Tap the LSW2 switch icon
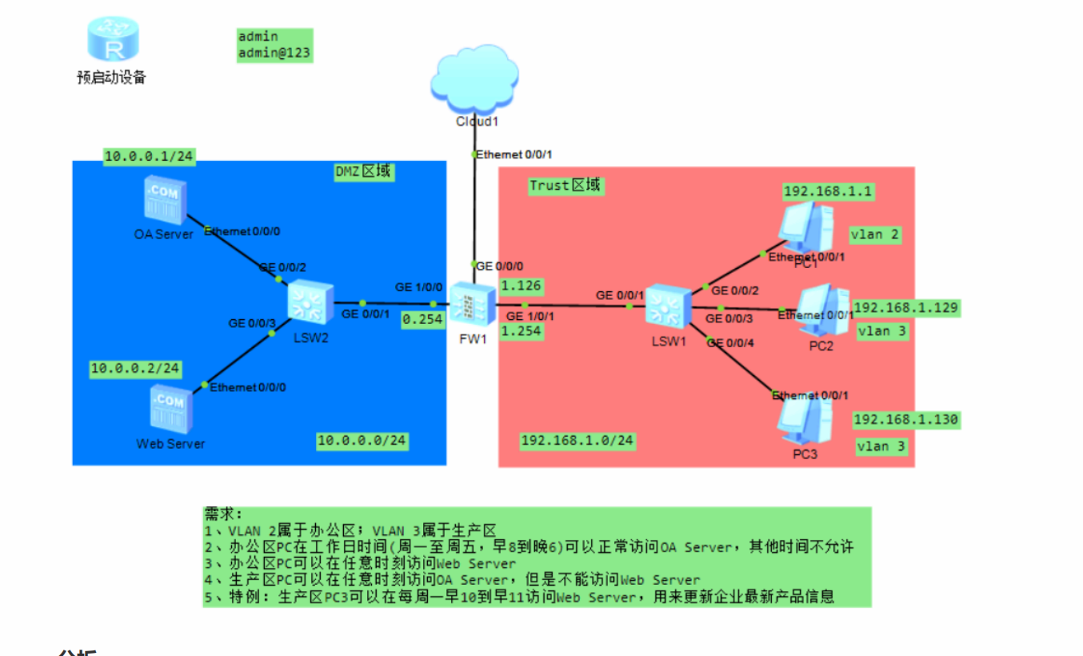point(310,303)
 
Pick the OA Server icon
point(165,200)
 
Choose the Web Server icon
point(170,409)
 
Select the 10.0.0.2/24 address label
point(135,369)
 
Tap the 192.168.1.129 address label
point(906,308)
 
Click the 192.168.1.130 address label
point(906,419)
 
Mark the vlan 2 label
point(874,234)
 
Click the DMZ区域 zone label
point(364,171)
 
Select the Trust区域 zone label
point(565,186)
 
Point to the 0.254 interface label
point(423,318)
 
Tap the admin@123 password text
point(274,53)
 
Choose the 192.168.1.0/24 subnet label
point(577,440)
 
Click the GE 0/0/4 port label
point(729,343)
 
